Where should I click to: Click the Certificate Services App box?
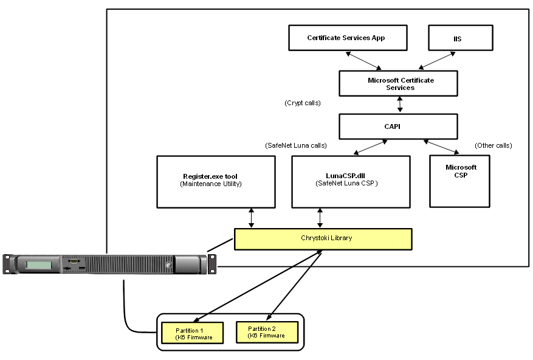[x=346, y=38]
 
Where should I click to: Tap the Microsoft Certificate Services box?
[x=398, y=83]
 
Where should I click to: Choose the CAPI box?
[x=398, y=126]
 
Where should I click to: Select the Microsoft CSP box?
[x=460, y=181]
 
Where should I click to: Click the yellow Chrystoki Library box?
[x=323, y=238]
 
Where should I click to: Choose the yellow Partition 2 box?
[x=267, y=332]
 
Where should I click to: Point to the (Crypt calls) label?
[x=302, y=103]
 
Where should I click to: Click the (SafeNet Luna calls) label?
[x=296, y=146]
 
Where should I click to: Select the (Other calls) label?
[x=493, y=146]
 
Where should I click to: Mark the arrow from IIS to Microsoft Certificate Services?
[x=436, y=61]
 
